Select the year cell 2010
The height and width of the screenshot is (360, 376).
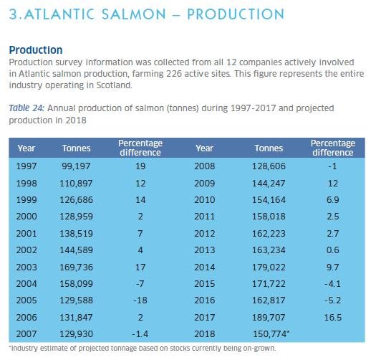[205, 198]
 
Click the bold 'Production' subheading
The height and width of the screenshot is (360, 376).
[35, 50]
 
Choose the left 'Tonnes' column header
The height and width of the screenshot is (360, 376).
[76, 148]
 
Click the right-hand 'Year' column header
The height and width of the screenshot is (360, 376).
[205, 148]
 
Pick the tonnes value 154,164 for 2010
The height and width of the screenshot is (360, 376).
[269, 198]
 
